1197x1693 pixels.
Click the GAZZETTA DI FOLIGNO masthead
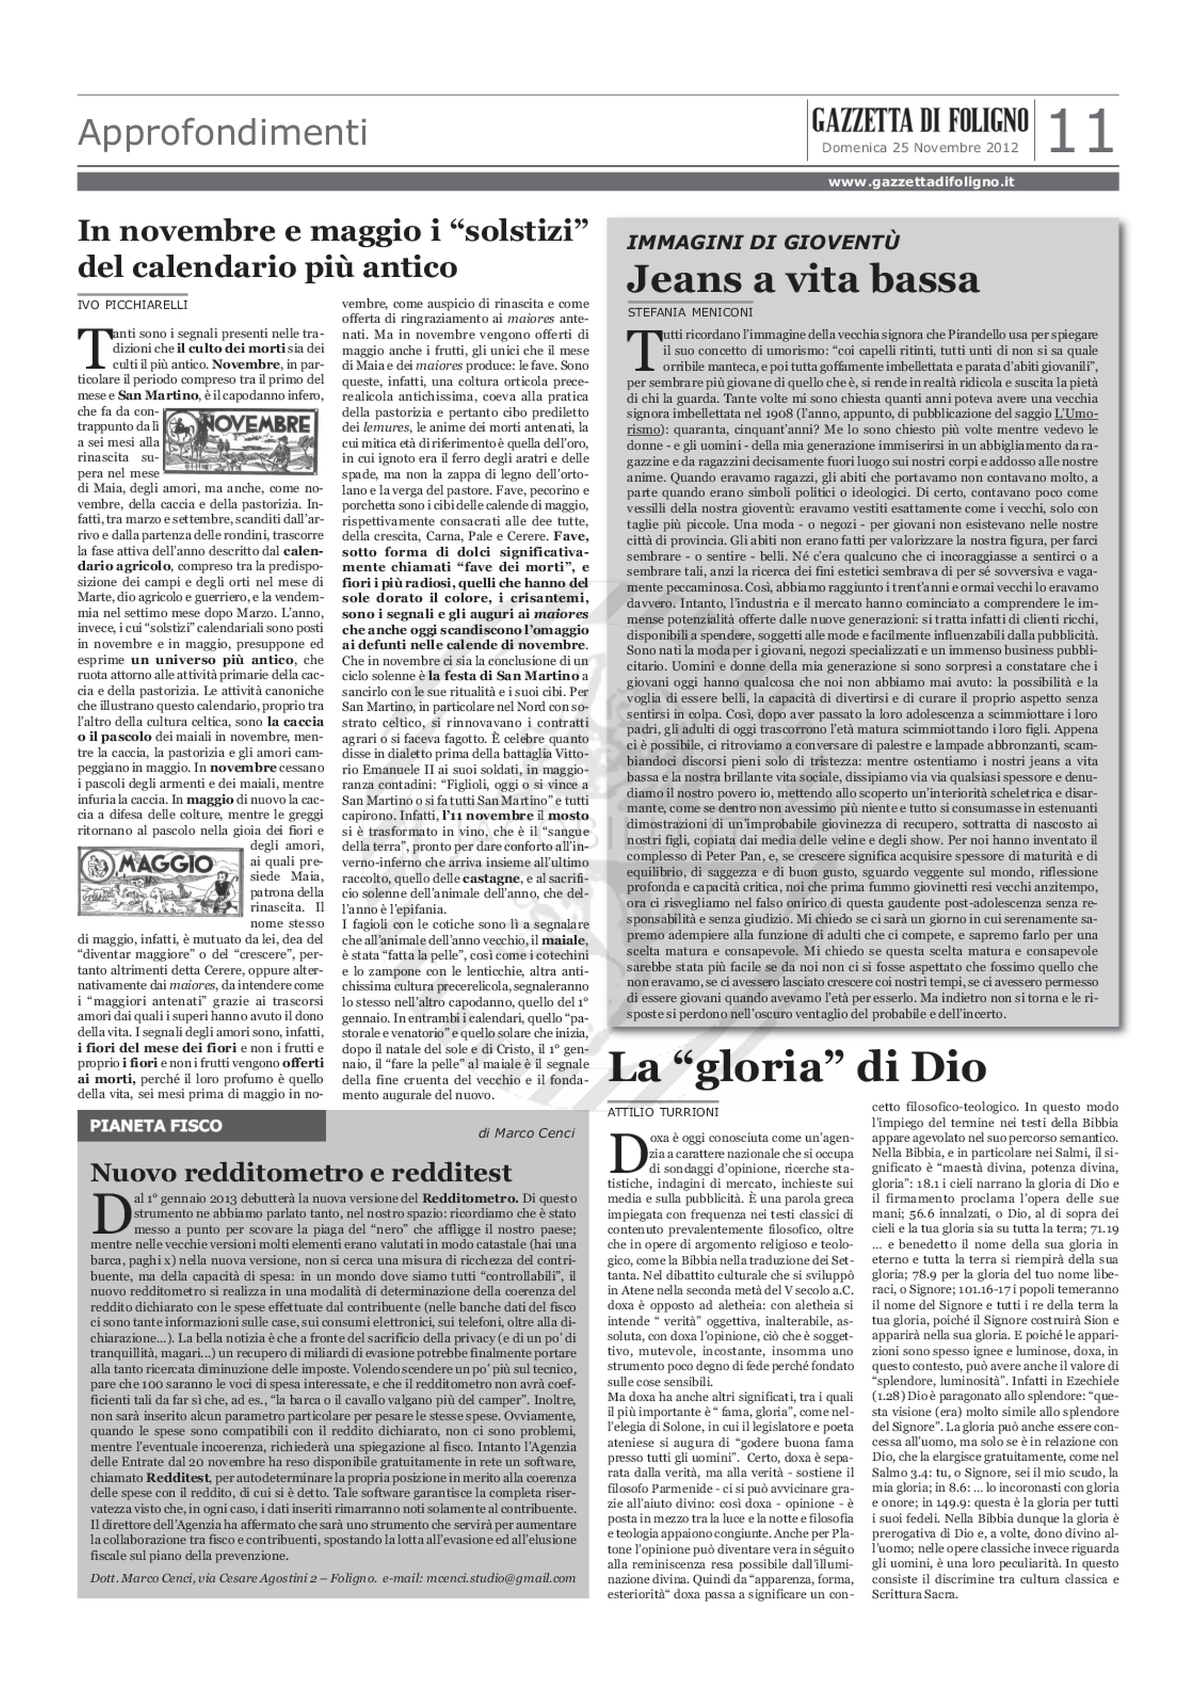point(920,119)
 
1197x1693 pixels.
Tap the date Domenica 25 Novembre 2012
point(920,148)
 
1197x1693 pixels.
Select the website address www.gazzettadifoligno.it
point(921,182)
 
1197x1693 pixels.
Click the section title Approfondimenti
point(223,134)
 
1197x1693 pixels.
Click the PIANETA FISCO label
point(156,1125)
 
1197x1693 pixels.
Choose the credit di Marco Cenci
point(526,1133)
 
